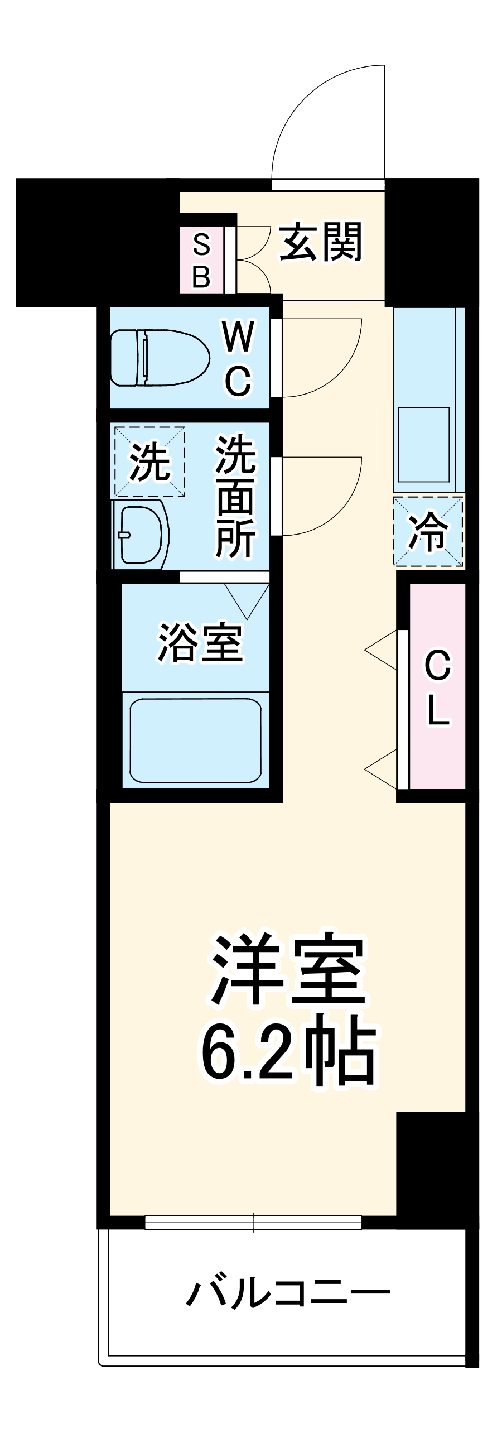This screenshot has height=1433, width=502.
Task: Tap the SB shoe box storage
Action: click(x=201, y=260)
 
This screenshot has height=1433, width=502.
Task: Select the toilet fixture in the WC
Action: click(x=159, y=358)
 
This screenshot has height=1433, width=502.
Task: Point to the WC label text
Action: click(x=239, y=358)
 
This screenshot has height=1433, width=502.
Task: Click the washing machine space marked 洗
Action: click(x=149, y=461)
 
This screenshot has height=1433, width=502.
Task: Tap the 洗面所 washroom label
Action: click(x=236, y=496)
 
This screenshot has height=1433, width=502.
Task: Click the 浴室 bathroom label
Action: click(x=200, y=642)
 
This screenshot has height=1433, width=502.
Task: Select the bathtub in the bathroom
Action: click(x=195, y=740)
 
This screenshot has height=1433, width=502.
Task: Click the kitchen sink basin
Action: click(x=423, y=444)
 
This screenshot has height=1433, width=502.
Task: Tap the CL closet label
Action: click(x=438, y=687)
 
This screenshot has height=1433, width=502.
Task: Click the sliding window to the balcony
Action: click(x=253, y=1222)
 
